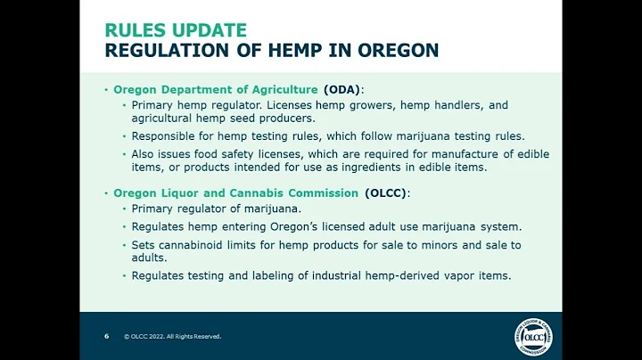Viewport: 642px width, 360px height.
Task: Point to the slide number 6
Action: tap(107, 337)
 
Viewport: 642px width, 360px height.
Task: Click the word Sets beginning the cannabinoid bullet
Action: tap(144, 244)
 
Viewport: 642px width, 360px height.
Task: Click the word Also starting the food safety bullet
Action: tap(145, 154)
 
